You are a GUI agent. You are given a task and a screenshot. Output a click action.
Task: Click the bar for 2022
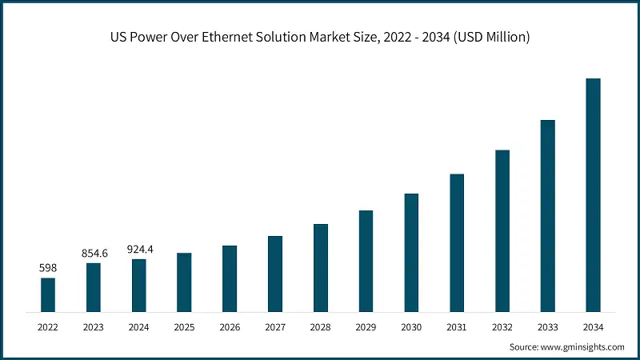coord(48,294)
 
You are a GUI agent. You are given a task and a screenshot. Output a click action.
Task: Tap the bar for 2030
coord(411,252)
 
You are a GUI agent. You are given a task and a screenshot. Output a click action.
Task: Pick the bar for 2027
coord(275,274)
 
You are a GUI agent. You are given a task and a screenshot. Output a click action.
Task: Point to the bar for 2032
coord(502,230)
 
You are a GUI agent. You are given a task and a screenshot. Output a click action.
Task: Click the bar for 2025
coord(184,282)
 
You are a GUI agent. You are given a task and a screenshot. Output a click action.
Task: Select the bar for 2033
coord(547,215)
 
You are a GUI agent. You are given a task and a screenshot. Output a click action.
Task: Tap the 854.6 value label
coord(94,253)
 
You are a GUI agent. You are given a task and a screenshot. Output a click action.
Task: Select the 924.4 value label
coord(139,250)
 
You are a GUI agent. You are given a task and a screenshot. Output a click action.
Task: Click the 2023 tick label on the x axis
coord(94,326)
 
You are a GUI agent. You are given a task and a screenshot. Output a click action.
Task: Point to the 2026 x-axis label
coord(230,326)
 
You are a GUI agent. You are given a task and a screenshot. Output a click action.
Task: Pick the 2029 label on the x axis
coord(366,326)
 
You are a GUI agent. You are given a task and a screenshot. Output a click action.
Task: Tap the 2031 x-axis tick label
coord(457,326)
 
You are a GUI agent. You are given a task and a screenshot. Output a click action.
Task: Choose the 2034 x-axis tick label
coord(593,326)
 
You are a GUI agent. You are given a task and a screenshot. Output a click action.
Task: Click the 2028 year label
coord(321,326)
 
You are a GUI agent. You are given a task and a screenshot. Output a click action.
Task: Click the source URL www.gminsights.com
coord(583,347)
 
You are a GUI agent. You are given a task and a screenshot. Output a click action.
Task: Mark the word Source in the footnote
coord(524,347)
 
